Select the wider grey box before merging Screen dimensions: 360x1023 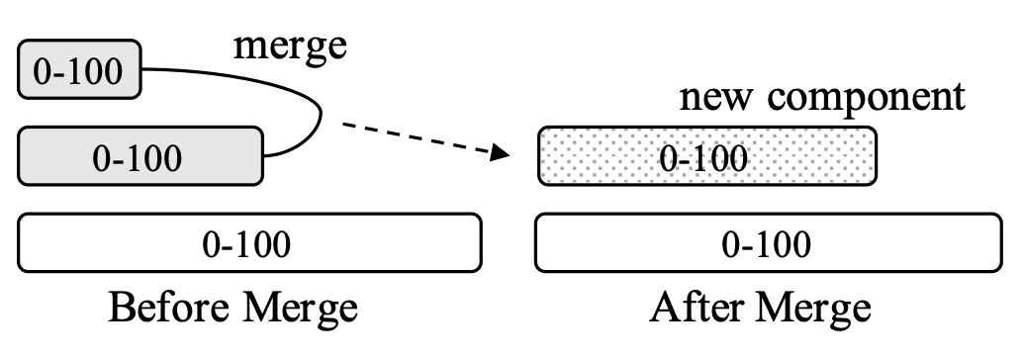click(142, 156)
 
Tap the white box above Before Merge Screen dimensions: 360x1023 click(250, 243)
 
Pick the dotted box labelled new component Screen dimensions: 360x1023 click(706, 156)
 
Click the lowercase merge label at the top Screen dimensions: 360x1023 click(290, 47)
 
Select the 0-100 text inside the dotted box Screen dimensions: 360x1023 click(705, 157)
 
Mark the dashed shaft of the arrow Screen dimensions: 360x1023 click(416, 137)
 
